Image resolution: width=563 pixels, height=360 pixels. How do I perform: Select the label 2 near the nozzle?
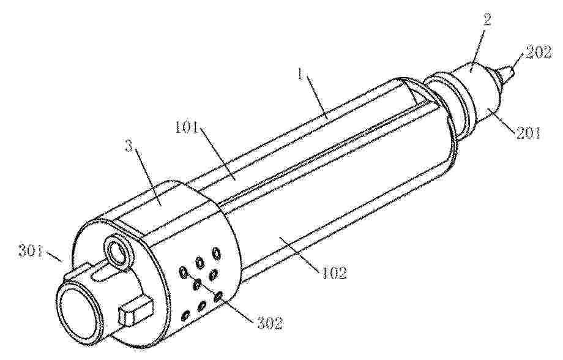(x=487, y=20)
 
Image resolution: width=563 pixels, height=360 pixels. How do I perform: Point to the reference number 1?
(x=301, y=75)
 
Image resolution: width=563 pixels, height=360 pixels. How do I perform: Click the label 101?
(x=187, y=128)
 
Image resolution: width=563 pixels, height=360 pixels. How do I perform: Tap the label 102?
(x=334, y=272)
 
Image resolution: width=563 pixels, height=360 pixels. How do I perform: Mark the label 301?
(x=31, y=251)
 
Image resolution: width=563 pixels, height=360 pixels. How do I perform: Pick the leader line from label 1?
(x=316, y=97)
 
